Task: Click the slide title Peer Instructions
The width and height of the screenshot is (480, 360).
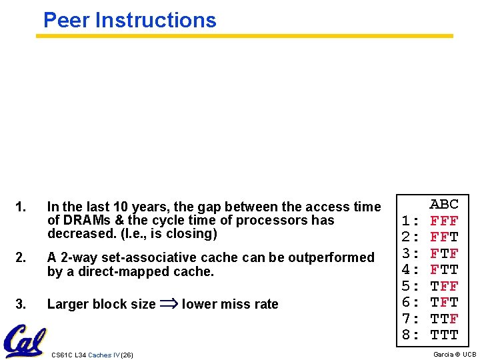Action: coord(129,20)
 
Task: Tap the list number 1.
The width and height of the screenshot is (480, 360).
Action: coord(21,207)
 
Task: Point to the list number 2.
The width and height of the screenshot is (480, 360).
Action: coord(21,257)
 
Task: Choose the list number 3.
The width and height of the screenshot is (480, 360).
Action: coord(21,304)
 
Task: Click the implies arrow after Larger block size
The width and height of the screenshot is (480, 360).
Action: coord(169,304)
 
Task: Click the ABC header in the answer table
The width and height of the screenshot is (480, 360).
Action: coord(444,204)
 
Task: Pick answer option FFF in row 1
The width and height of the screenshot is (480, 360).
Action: coord(444,220)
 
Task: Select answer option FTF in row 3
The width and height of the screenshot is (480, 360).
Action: coord(444,253)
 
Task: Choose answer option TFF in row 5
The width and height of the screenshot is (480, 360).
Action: coord(444,286)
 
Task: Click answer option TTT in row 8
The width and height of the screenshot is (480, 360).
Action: coord(444,335)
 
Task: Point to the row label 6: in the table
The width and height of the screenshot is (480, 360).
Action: coord(411,303)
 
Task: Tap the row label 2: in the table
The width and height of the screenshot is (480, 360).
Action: coord(411,237)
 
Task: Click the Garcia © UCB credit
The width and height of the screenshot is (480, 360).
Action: coord(455,355)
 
